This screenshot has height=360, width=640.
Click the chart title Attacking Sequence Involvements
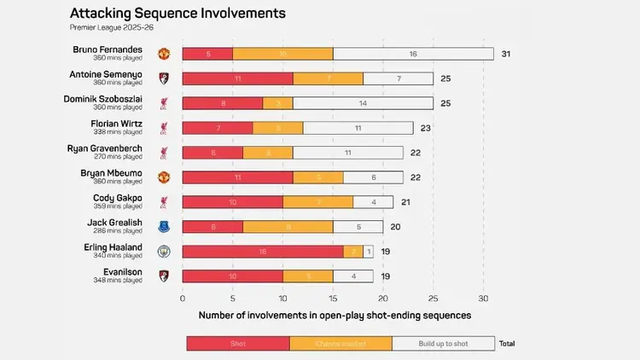(x=177, y=14)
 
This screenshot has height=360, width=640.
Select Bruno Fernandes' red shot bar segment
(x=207, y=54)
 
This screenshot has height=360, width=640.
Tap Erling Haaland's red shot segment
(x=263, y=252)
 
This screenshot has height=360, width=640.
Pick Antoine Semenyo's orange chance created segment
(x=328, y=78)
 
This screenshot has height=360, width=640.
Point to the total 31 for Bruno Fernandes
(x=506, y=54)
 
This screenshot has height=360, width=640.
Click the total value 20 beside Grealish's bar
(x=395, y=227)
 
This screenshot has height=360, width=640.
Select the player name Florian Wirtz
(x=117, y=124)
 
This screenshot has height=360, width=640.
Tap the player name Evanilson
(x=121, y=272)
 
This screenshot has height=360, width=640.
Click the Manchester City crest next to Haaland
(x=164, y=252)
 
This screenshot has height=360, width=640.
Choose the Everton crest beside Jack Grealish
(x=164, y=227)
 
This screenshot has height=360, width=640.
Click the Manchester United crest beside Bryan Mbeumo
(x=164, y=177)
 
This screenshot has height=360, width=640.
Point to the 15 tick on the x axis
(x=333, y=299)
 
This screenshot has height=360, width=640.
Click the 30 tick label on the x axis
(x=483, y=299)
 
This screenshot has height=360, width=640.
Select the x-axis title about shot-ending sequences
(x=335, y=316)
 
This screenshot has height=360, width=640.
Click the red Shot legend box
(x=238, y=343)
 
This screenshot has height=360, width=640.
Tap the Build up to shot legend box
(x=443, y=343)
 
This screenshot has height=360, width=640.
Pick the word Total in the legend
(x=507, y=343)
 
